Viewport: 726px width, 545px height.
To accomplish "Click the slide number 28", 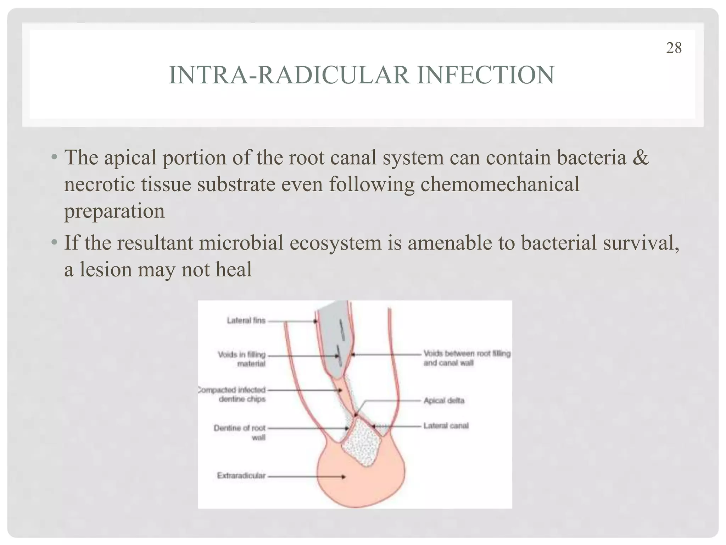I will tap(674, 48).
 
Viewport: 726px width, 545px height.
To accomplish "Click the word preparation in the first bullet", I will tap(114, 211).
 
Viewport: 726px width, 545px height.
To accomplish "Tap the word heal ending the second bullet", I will tap(234, 269).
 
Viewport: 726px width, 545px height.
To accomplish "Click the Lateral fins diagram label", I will tap(246, 321).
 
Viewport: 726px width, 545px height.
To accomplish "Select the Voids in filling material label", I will tap(242, 359).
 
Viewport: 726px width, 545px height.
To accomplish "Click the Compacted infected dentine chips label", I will tap(233, 394).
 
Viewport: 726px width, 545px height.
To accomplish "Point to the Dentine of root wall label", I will tap(240, 432).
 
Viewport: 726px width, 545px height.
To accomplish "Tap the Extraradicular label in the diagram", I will tap(241, 476).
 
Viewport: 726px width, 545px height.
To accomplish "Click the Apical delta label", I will tap(444, 401).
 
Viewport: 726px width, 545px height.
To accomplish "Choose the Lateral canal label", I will tap(446, 425).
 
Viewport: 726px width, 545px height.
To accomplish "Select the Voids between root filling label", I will tap(467, 358).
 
